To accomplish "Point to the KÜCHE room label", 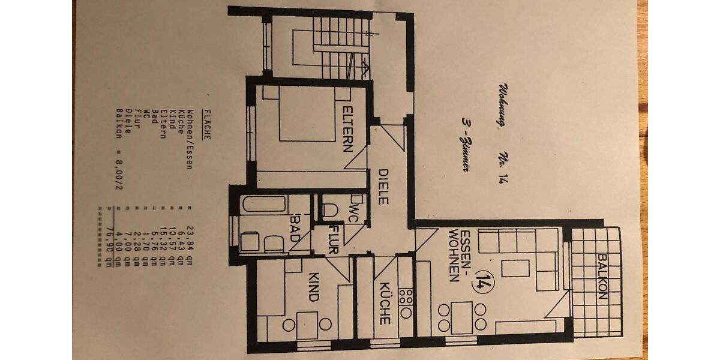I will tap(384, 304).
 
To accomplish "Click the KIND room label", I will tap(313, 286).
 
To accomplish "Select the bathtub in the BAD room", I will tap(264, 204).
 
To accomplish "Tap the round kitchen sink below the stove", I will tap(406, 312).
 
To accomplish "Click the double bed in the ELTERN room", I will tap(306, 114).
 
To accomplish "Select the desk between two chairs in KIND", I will tap(307, 323).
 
